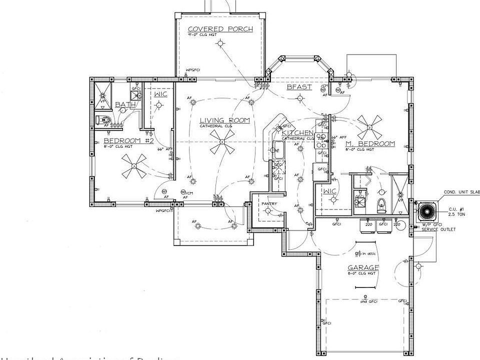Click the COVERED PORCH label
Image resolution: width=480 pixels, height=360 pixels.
point(220,29)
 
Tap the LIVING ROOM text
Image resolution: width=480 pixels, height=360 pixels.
point(224,120)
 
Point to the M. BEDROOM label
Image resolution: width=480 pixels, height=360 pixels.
point(370,144)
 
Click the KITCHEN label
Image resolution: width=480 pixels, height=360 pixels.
point(297,133)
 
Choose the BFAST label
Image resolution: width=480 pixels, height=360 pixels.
point(299,87)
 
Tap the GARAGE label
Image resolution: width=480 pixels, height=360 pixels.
point(363,267)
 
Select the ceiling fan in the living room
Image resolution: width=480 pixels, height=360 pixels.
point(221,146)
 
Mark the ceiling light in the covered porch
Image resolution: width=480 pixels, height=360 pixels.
point(219,44)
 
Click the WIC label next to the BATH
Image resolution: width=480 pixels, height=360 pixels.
point(160,94)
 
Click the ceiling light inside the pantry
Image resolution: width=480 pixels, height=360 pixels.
point(268,210)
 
